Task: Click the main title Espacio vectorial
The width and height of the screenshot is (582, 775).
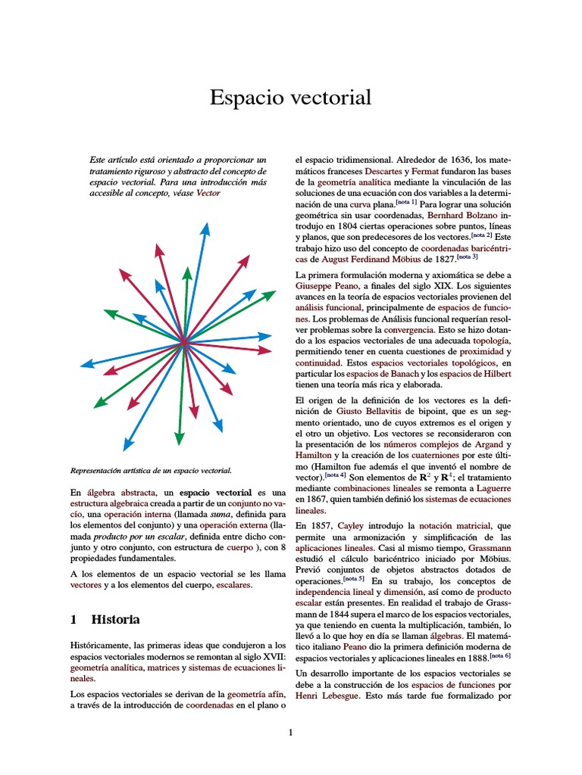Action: point(290,98)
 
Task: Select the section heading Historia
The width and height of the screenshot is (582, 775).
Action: point(115,619)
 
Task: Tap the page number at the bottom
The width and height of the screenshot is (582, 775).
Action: point(290,732)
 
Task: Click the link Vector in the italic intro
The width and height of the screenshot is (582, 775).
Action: point(208,194)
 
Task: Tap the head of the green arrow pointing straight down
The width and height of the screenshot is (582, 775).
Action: point(180,437)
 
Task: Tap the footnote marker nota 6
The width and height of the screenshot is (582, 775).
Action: point(499,655)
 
